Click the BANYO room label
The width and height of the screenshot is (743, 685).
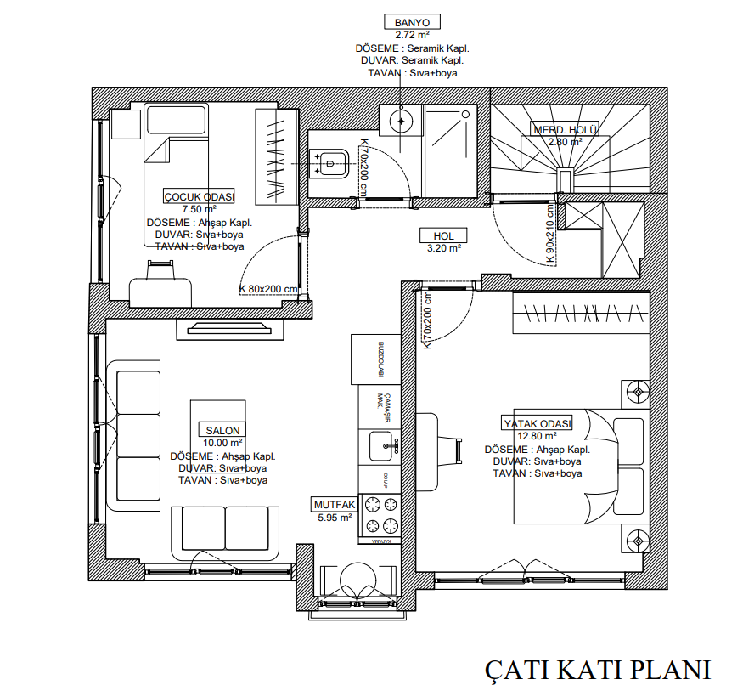(x=412, y=22)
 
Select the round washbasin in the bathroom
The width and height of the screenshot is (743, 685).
(x=401, y=121)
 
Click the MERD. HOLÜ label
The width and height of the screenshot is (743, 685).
(x=566, y=130)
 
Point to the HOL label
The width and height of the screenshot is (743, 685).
(x=444, y=236)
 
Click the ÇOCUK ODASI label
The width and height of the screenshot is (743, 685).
(x=199, y=196)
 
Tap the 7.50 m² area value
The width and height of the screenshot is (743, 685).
(x=199, y=208)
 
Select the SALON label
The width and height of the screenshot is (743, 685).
(x=222, y=430)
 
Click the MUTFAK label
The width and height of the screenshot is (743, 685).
(x=334, y=504)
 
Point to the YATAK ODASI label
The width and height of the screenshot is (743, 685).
(x=538, y=423)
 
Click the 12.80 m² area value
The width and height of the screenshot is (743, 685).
(x=538, y=435)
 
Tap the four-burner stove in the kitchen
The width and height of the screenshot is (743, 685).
(x=380, y=513)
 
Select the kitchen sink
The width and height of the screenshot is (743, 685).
(x=381, y=444)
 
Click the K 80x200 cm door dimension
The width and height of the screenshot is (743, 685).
(x=268, y=289)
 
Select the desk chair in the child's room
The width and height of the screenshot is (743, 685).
(x=159, y=269)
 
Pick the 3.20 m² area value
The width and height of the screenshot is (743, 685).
(x=444, y=249)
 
